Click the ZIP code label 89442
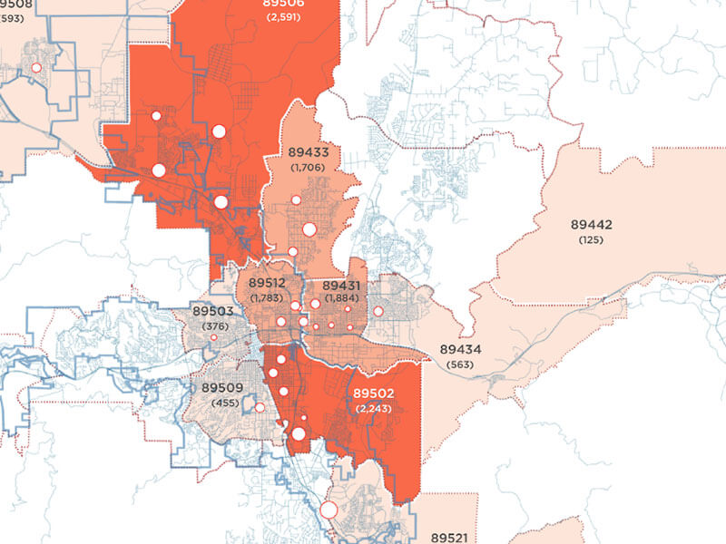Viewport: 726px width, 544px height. click(x=591, y=224)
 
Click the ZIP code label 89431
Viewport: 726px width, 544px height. click(x=342, y=286)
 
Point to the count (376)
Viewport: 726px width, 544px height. click(x=214, y=326)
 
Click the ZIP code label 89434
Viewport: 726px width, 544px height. click(x=460, y=349)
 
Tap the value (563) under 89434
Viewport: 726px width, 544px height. click(x=460, y=364)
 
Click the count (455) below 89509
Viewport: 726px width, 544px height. click(x=223, y=402)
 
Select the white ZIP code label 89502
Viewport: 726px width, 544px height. click(x=373, y=393)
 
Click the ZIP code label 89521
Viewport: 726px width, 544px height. click(x=449, y=538)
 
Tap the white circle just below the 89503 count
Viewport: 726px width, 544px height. click(x=214, y=337)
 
